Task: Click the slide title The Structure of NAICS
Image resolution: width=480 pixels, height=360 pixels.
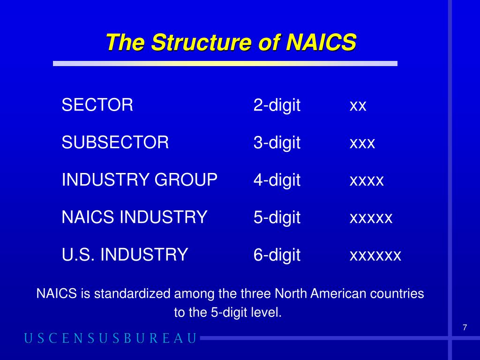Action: pyautogui.click(x=231, y=43)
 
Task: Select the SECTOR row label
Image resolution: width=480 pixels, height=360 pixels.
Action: pyautogui.click(x=97, y=105)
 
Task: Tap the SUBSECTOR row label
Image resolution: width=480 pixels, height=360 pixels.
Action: pyautogui.click(x=115, y=142)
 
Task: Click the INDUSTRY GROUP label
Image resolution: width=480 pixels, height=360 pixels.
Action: pyautogui.click(x=140, y=180)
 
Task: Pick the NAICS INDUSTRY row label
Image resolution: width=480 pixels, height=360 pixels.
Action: pyautogui.click(x=135, y=217)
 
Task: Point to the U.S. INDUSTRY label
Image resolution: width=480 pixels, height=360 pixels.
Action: pyautogui.click(x=125, y=255)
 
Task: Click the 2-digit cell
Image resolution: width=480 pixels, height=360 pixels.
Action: pyautogui.click(x=277, y=105)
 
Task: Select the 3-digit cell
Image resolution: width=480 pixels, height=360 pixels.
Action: pyautogui.click(x=277, y=142)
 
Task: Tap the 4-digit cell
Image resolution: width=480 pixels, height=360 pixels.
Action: pyautogui.click(x=277, y=180)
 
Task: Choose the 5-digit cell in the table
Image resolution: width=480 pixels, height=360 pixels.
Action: pyautogui.click(x=277, y=217)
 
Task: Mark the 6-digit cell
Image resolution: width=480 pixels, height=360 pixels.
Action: pyautogui.click(x=277, y=255)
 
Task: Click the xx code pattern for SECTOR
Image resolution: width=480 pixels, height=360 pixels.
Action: pyautogui.click(x=358, y=106)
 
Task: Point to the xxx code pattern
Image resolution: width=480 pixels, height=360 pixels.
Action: pyautogui.click(x=362, y=143)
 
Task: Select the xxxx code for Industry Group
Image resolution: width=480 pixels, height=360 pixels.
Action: pyautogui.click(x=367, y=181)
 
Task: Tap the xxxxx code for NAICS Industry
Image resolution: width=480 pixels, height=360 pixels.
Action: pyautogui.click(x=371, y=218)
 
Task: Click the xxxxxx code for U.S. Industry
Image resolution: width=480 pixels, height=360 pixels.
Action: pyautogui.click(x=375, y=256)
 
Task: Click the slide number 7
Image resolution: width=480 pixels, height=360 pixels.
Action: pyautogui.click(x=465, y=328)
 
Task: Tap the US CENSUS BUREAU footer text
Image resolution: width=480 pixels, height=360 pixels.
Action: pyautogui.click(x=111, y=338)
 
